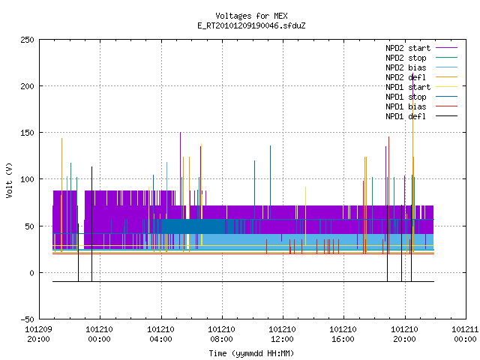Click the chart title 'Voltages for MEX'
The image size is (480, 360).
pos(251,16)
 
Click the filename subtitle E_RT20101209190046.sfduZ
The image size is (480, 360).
pos(251,25)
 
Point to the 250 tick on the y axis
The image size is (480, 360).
pos(27,40)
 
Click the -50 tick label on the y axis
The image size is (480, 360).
pos(27,319)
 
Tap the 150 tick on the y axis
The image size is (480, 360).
pos(27,133)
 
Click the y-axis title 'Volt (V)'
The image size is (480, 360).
pos(9,180)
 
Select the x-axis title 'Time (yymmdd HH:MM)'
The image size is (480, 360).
pos(251,353)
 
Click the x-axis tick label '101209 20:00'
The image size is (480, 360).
pos(38,334)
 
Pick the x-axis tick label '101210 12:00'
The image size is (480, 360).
pos(282,334)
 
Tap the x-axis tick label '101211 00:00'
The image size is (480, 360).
pos(465,334)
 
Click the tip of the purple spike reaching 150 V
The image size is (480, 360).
pos(180,133)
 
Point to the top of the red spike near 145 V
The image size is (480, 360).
pos(388,137)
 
